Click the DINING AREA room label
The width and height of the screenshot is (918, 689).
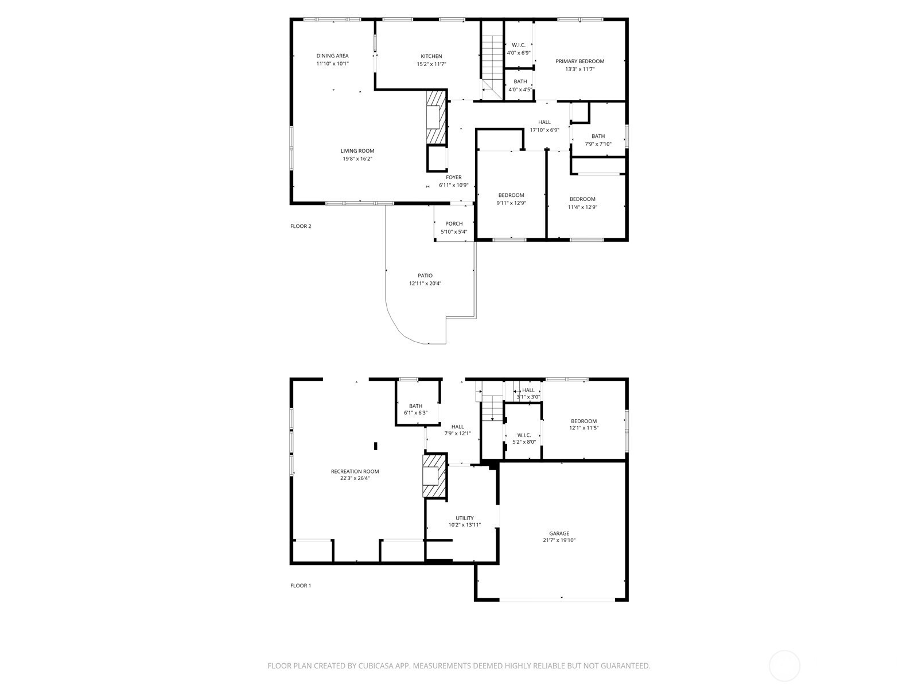click(x=332, y=56)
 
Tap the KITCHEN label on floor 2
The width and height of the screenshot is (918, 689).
click(x=431, y=56)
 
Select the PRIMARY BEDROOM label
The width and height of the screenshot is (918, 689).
click(x=579, y=61)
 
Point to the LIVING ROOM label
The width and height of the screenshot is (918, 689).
click(x=357, y=151)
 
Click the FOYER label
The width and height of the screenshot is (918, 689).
click(x=453, y=177)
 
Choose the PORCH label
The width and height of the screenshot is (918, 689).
click(x=454, y=224)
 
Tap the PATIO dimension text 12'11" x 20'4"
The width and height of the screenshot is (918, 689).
click(x=425, y=284)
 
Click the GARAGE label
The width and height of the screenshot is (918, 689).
click(x=559, y=533)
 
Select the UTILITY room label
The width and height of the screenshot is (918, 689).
click(x=464, y=518)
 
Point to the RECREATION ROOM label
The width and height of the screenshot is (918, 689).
click(x=355, y=471)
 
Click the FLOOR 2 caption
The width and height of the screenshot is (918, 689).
click(x=301, y=226)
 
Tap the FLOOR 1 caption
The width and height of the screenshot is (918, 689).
click(x=301, y=586)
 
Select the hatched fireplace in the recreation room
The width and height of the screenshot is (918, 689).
click(x=434, y=476)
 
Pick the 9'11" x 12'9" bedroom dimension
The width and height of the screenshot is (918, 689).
click(x=511, y=203)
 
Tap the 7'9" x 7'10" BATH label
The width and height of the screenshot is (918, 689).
click(x=598, y=137)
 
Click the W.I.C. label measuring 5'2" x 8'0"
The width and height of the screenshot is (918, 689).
click(x=524, y=435)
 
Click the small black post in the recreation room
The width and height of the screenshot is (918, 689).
click(x=376, y=446)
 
